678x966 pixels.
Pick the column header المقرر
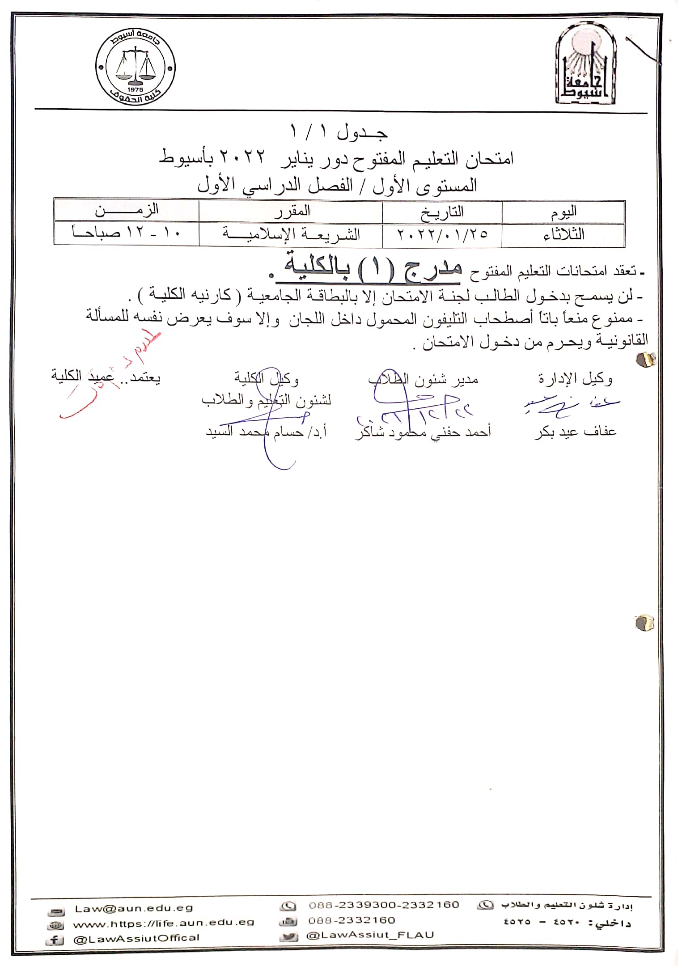[291, 211]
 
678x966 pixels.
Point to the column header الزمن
[127, 210]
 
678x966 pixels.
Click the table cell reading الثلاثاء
[563, 234]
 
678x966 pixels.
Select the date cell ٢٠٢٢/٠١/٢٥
[442, 234]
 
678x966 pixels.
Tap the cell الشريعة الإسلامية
[291, 234]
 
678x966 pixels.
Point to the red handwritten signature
[112, 380]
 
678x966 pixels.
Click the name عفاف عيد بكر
[575, 432]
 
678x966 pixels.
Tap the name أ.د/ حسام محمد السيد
[266, 432]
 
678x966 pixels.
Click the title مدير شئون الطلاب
[423, 379]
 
